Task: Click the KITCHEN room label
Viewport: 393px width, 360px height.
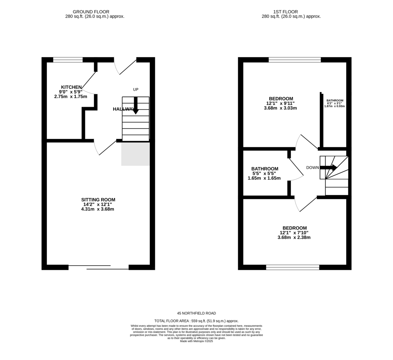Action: pyautogui.click(x=71, y=87)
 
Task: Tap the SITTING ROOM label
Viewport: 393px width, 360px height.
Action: pyautogui.click(x=98, y=200)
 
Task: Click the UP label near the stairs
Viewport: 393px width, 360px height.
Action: pyautogui.click(x=136, y=89)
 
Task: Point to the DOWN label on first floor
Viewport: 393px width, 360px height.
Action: pyautogui.click(x=312, y=168)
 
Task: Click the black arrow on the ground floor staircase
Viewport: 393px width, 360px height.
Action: pyautogui.click(x=136, y=105)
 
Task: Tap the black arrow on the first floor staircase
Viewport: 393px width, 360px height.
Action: pyautogui.click(x=329, y=168)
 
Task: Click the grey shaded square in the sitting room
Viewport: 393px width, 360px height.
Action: pyautogui.click(x=135, y=154)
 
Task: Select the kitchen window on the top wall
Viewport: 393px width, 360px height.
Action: pyautogui.click(x=68, y=60)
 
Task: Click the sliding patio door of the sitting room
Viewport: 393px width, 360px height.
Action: pyautogui.click(x=98, y=267)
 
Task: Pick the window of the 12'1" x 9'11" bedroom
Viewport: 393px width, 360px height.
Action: pyautogui.click(x=294, y=60)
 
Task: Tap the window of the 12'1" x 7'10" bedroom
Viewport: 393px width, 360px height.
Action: pyautogui.click(x=292, y=267)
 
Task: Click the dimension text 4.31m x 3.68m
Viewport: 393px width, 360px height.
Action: pyautogui.click(x=98, y=209)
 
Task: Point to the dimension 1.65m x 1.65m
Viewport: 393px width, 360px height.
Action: pyautogui.click(x=264, y=178)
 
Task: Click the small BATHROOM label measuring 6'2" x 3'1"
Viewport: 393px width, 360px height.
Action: pyautogui.click(x=334, y=100)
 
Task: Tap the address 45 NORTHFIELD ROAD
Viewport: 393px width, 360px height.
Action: pyautogui.click(x=196, y=313)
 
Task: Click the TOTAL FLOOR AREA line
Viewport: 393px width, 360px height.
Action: pyautogui.click(x=196, y=321)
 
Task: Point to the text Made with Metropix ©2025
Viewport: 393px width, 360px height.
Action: pyautogui.click(x=196, y=341)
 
